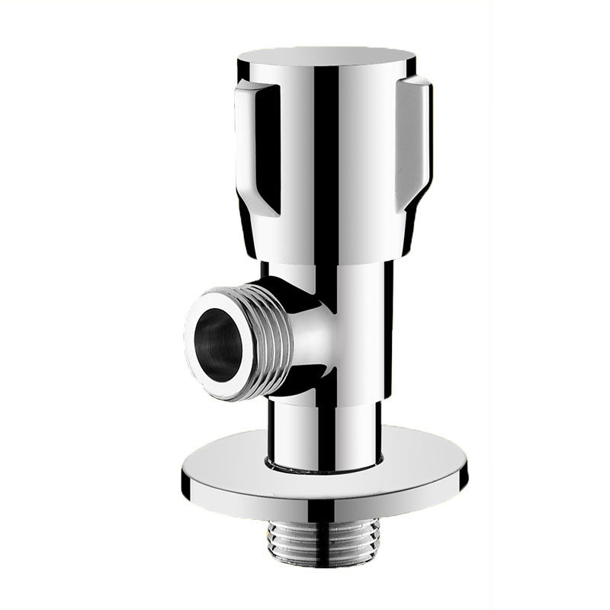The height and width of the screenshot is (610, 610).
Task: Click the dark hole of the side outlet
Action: [217, 335]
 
